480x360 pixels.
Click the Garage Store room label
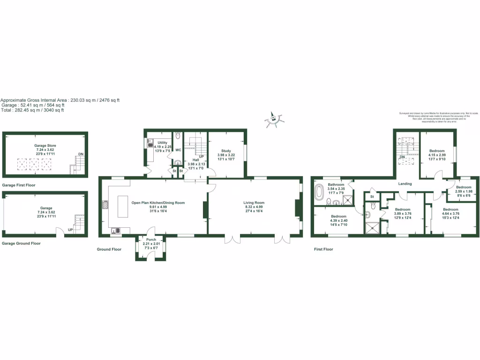click(x=45, y=146)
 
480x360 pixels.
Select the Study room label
click(x=226, y=151)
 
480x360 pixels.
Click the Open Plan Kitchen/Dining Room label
click(x=158, y=202)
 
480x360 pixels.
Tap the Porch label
click(x=151, y=240)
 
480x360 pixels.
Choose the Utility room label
click(x=163, y=142)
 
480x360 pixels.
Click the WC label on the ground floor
click(x=178, y=150)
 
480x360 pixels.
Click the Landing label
click(x=405, y=184)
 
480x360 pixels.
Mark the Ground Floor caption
click(x=109, y=249)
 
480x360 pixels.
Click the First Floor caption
click(x=323, y=249)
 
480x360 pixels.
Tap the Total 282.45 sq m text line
click(x=32, y=110)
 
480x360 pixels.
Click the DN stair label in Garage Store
click(x=81, y=154)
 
